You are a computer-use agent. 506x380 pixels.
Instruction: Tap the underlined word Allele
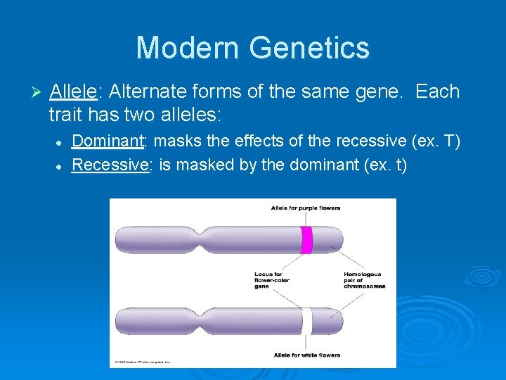(73, 92)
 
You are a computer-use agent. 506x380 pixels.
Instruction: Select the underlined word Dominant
(108, 141)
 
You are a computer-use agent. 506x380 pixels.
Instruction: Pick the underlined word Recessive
(110, 165)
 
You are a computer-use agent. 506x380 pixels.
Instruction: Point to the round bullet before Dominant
(60, 143)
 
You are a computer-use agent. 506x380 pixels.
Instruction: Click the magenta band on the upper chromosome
(306, 239)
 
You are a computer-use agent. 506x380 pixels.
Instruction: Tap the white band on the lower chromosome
(306, 321)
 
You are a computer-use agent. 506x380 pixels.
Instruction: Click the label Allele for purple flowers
(306, 208)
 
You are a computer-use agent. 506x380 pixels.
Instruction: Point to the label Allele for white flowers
(306, 355)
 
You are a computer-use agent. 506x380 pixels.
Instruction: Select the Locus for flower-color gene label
(272, 280)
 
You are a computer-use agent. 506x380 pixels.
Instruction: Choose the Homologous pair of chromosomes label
(363, 280)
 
